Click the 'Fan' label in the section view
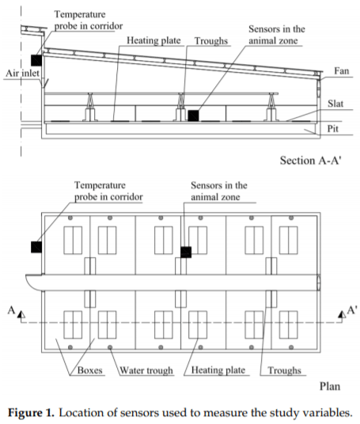(341, 71)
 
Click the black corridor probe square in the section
(36, 60)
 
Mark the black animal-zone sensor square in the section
(193, 115)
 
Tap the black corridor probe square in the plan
(36, 247)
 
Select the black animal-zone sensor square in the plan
(186, 252)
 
